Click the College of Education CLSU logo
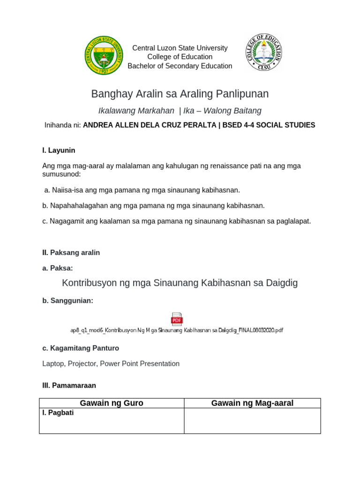[263, 52]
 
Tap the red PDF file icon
[177, 319]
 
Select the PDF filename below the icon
[177, 330]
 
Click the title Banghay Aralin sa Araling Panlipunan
[180, 94]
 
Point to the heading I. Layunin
[59, 150]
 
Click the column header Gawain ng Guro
[112, 403]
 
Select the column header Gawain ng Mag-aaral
[252, 403]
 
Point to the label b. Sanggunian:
[67, 301]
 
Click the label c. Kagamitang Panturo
[81, 348]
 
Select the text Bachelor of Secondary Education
[180, 66]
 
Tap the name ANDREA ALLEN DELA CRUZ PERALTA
[149, 125]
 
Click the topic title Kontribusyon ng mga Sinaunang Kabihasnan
[180, 283]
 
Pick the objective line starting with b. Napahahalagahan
[153, 205]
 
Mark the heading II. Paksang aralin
[71, 253]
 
